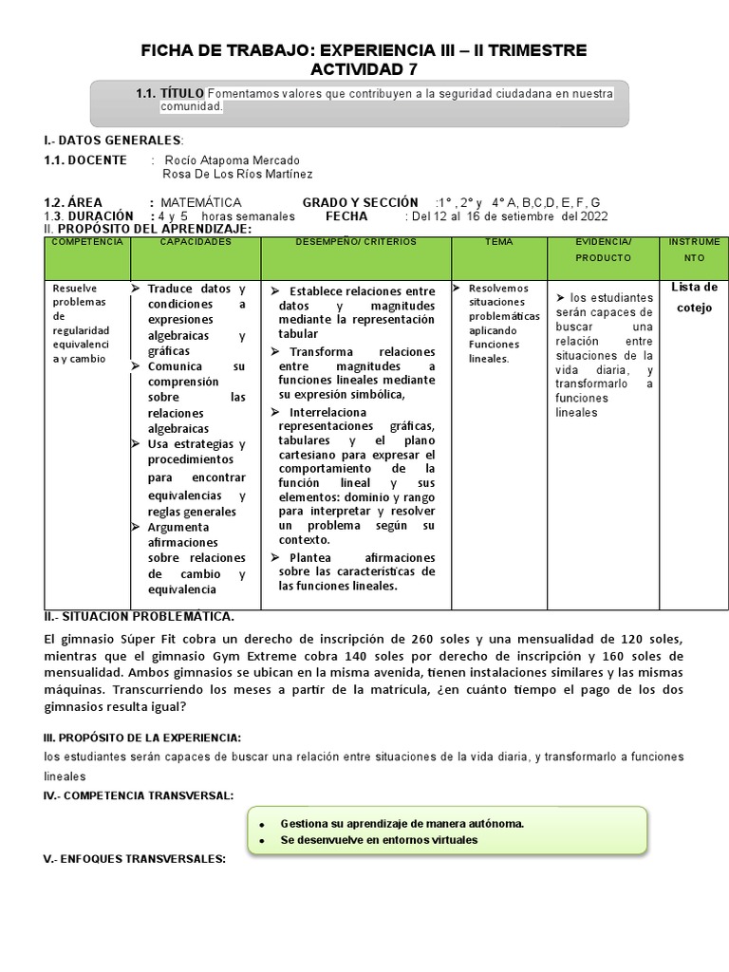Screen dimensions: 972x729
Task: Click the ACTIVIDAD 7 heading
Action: (364, 69)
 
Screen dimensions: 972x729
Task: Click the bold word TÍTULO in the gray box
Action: (182, 93)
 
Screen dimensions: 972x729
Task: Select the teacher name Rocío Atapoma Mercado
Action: (232, 160)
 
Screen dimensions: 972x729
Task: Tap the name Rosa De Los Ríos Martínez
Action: (237, 175)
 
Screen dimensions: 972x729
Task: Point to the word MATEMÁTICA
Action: (201, 203)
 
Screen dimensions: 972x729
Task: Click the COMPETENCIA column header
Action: (87, 243)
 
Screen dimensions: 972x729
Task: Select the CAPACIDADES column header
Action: (196, 243)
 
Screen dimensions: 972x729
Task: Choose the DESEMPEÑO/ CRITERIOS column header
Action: (356, 243)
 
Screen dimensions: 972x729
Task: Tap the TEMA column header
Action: (498, 243)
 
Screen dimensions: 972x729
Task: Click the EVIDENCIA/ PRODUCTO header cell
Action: (603, 250)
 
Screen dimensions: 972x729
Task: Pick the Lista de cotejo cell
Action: (694, 297)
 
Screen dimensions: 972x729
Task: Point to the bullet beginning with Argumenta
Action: (179, 527)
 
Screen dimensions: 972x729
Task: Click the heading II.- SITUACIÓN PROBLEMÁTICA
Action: (140, 617)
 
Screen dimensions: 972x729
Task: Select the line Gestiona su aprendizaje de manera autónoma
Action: (402, 824)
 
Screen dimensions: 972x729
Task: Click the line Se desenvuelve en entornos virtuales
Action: (380, 840)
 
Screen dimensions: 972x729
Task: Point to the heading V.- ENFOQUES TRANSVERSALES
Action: (135, 859)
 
